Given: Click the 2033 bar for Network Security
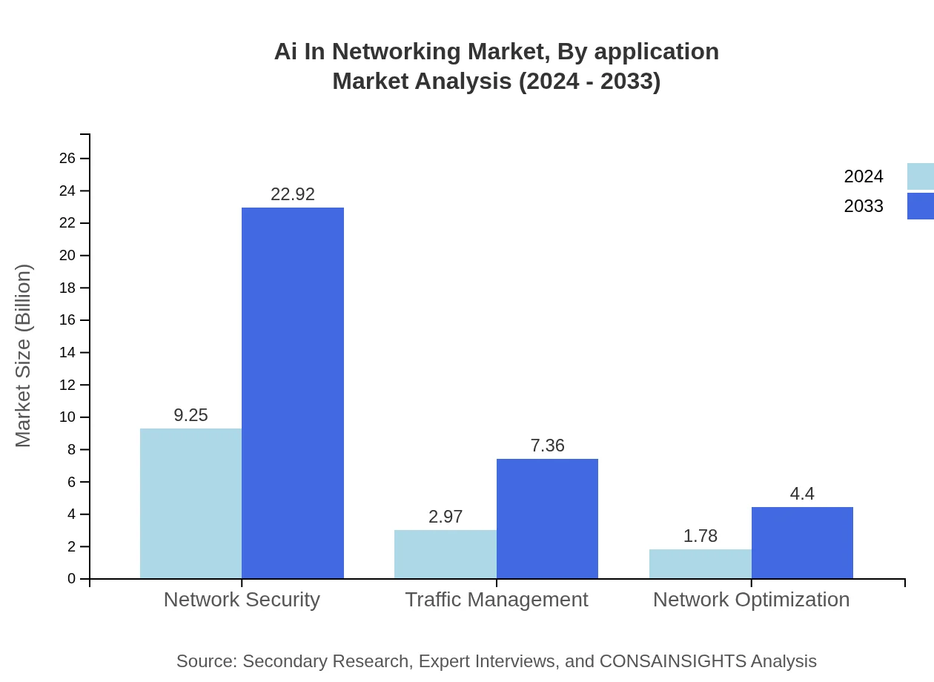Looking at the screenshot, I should [x=293, y=393].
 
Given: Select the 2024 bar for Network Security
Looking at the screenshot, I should [x=191, y=503].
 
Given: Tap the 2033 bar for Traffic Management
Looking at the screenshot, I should [x=547, y=519].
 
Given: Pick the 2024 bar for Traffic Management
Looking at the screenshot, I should [x=446, y=554].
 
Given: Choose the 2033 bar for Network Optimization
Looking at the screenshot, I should [x=802, y=543].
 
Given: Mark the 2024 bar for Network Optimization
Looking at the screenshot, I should [x=700, y=564].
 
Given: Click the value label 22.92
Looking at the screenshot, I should [x=293, y=194].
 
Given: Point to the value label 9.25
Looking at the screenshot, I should [x=191, y=415].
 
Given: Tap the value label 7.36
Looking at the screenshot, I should [x=547, y=446].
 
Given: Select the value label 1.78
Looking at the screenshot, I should [x=700, y=536].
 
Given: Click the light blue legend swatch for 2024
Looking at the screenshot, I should [x=920, y=176].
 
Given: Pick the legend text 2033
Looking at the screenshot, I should [x=864, y=206].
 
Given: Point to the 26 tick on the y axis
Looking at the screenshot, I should [x=68, y=158].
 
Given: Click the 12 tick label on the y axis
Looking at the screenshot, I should [x=68, y=385].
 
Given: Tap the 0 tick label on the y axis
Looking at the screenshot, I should [x=72, y=578].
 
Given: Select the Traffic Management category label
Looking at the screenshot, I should [x=497, y=599].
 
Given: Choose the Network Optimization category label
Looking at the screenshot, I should [x=751, y=599].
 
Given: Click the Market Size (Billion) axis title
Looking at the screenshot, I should [x=24, y=356].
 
